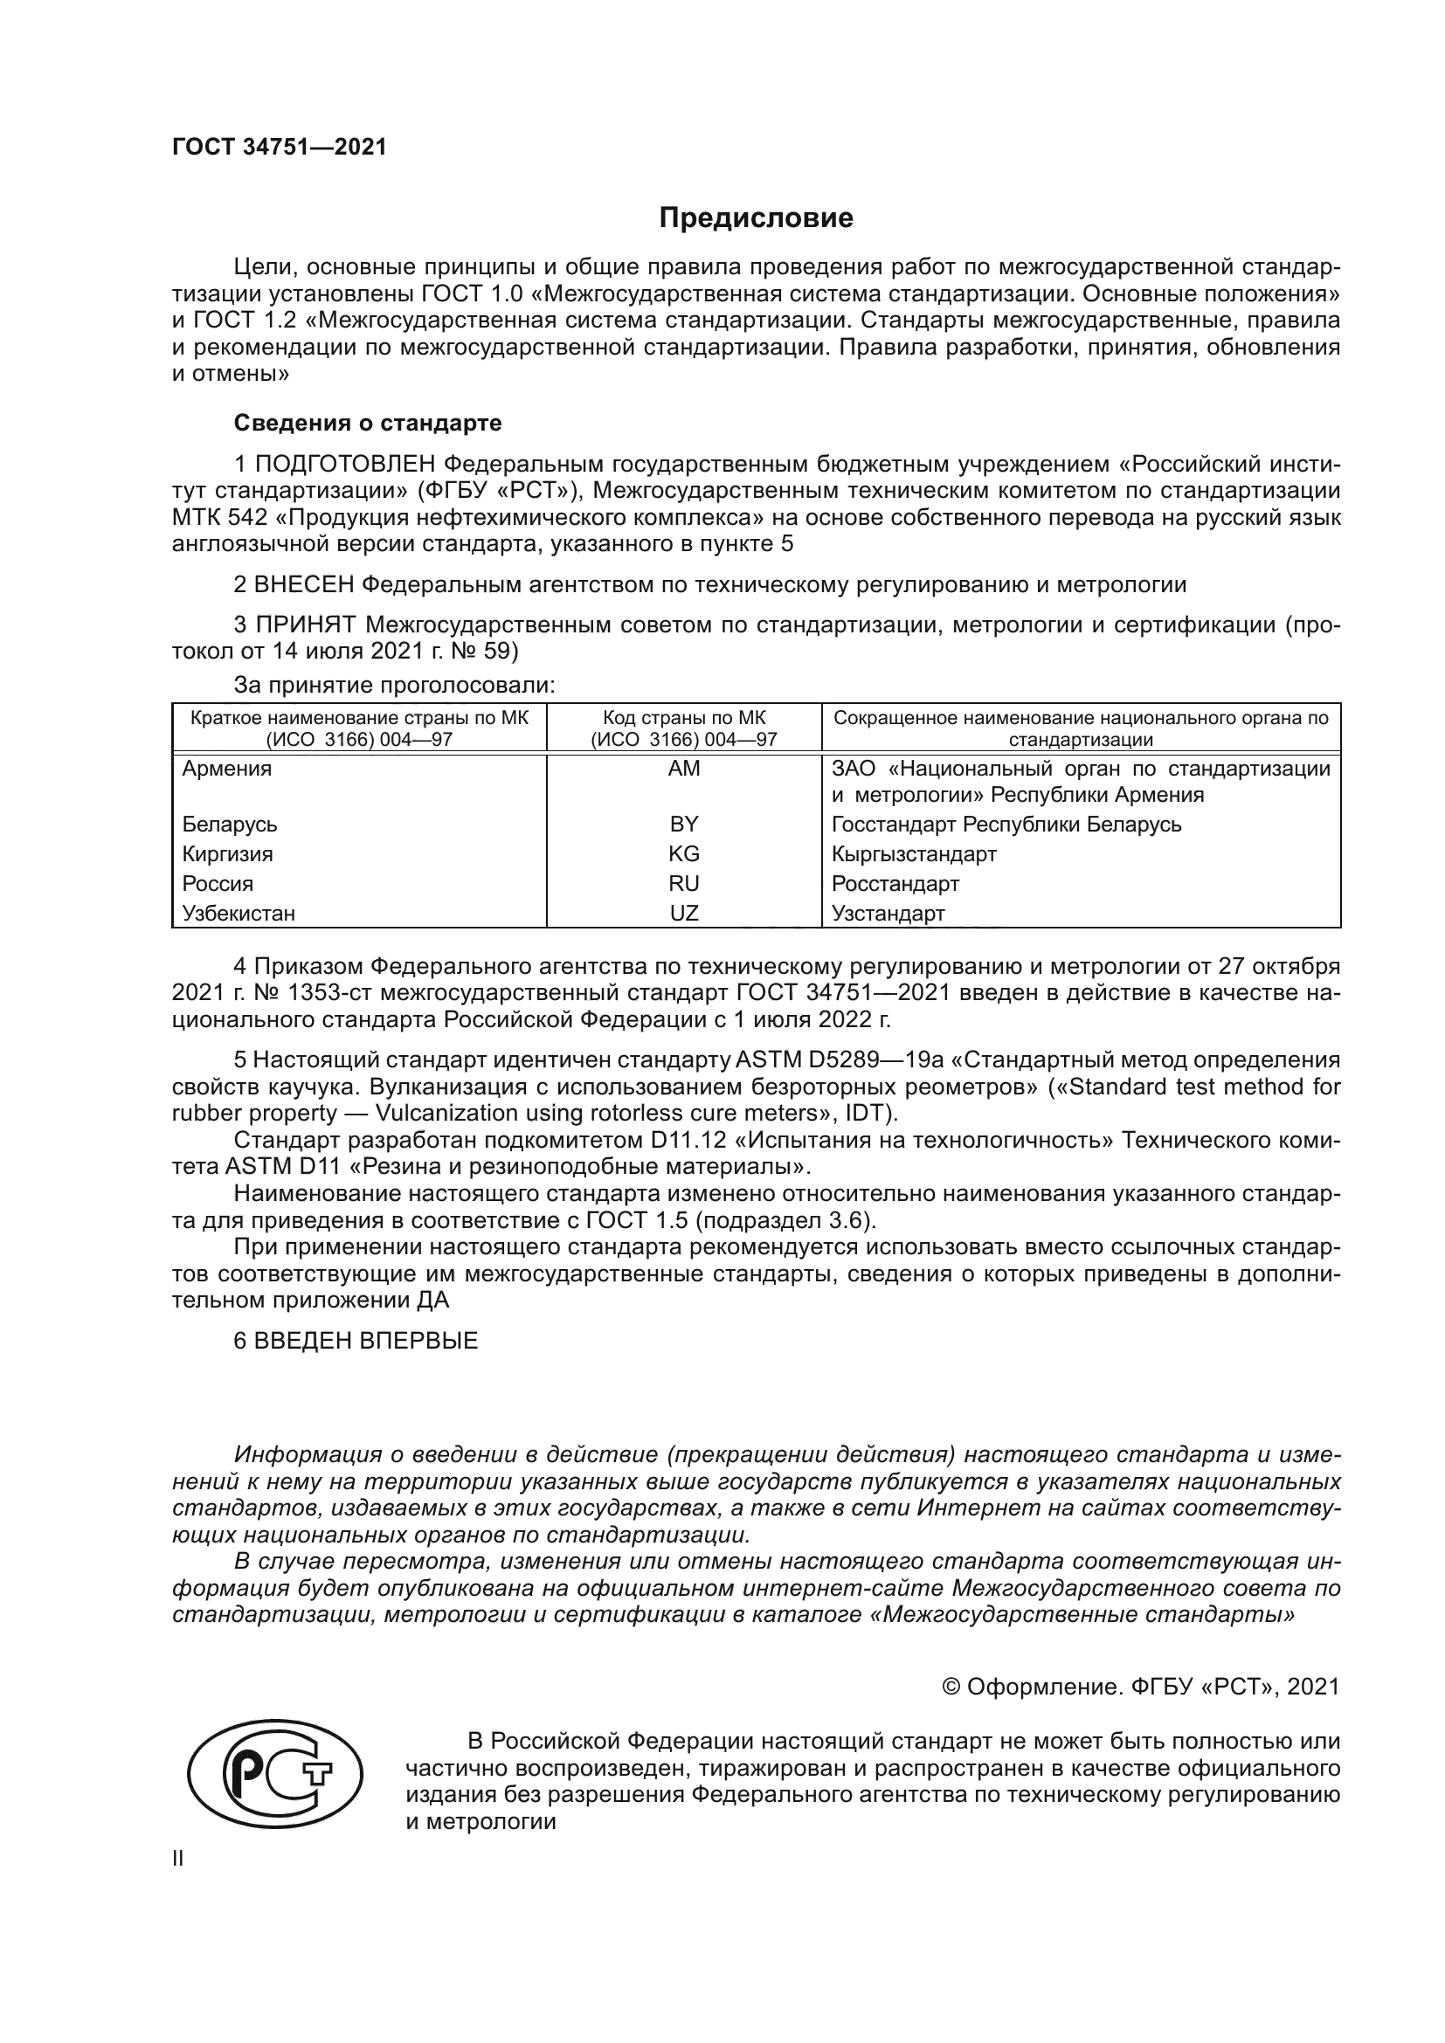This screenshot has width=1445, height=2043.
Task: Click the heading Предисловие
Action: click(756, 218)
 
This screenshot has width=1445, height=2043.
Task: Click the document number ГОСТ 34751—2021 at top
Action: click(280, 148)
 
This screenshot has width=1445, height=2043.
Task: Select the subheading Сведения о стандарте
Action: click(368, 423)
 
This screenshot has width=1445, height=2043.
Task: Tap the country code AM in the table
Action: click(683, 769)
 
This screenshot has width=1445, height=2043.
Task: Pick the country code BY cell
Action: click(683, 824)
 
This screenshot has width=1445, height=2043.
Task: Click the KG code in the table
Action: click(683, 854)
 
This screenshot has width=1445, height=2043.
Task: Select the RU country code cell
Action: click(683, 884)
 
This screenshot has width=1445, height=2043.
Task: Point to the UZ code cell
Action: click(683, 913)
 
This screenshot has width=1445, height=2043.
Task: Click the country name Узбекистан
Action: click(239, 913)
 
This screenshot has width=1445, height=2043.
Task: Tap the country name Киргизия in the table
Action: click(228, 854)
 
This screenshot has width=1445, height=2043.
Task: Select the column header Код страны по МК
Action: click(683, 718)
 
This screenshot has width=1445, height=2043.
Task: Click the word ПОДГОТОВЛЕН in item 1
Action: click(345, 464)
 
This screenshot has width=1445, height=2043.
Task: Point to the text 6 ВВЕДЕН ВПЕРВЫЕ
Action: click(356, 1340)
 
